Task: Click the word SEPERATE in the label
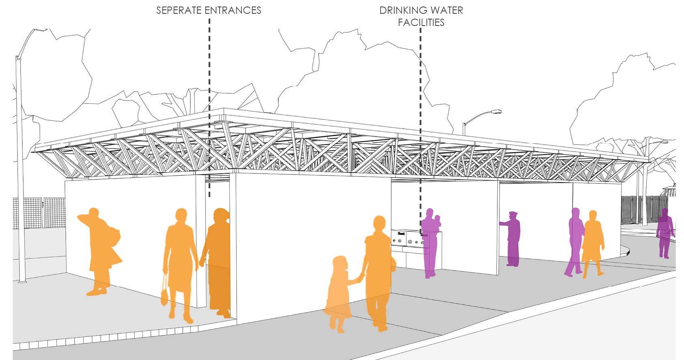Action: (180, 10)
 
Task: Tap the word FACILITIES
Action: (421, 22)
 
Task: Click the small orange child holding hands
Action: (338, 292)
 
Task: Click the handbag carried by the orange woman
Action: (164, 294)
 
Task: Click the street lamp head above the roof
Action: (496, 111)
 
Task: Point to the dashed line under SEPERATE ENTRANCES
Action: (209, 101)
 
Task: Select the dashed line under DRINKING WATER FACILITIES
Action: (420, 122)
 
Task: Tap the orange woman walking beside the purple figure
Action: (592, 244)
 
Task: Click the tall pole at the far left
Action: (19, 170)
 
